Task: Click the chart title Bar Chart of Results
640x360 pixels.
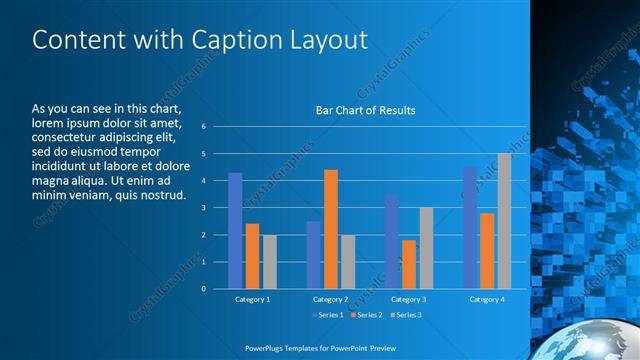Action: (x=365, y=110)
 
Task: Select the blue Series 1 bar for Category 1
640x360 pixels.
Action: (x=235, y=230)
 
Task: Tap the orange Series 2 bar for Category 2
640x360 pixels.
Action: (x=331, y=229)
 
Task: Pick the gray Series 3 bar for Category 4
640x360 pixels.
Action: (x=504, y=221)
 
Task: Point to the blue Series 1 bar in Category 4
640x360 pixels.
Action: (x=470, y=227)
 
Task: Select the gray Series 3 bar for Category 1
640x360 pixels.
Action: (x=269, y=261)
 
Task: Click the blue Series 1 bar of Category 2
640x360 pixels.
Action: (x=314, y=254)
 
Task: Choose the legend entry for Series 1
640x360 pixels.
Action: (x=328, y=315)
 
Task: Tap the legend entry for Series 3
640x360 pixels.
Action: (x=405, y=315)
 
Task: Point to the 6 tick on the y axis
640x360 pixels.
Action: (x=203, y=127)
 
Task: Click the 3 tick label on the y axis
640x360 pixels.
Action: (x=203, y=208)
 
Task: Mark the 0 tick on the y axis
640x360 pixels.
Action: (x=203, y=289)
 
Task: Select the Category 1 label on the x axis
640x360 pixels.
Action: (x=252, y=299)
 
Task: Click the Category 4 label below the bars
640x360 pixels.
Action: (x=487, y=299)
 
